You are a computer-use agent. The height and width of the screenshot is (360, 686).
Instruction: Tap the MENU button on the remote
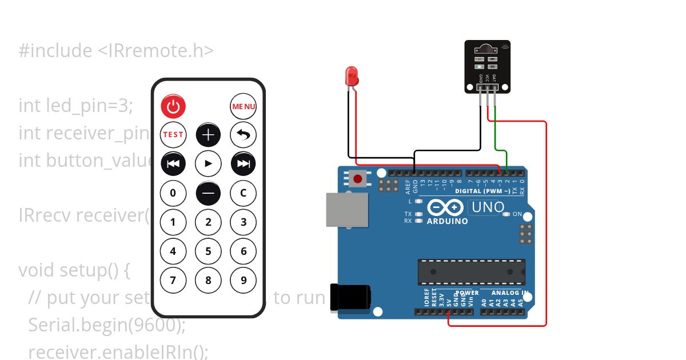coord(244,106)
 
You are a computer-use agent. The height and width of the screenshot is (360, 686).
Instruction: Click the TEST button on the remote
coord(173,135)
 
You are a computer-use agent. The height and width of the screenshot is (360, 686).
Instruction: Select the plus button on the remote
coord(208,135)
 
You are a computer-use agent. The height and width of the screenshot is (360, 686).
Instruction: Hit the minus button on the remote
coord(208,193)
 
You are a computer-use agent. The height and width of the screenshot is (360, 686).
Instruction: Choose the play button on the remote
coord(208,164)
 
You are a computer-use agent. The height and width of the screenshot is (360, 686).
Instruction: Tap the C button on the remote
coord(244,193)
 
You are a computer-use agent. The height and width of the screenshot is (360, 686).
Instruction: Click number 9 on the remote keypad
coord(244,280)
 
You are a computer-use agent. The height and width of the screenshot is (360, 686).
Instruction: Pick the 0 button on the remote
coord(173,193)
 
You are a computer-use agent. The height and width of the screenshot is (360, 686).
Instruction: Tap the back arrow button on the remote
coord(244,135)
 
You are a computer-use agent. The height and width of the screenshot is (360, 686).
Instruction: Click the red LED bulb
coord(352,76)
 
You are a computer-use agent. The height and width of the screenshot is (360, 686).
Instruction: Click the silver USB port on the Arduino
coord(346,209)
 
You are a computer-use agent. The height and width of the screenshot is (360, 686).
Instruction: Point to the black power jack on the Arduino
coord(350,299)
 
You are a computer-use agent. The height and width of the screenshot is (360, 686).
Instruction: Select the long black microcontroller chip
coord(472,271)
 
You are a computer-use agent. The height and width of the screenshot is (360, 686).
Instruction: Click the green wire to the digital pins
coord(500,151)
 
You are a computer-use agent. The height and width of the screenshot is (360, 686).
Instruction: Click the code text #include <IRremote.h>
coord(116,51)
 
